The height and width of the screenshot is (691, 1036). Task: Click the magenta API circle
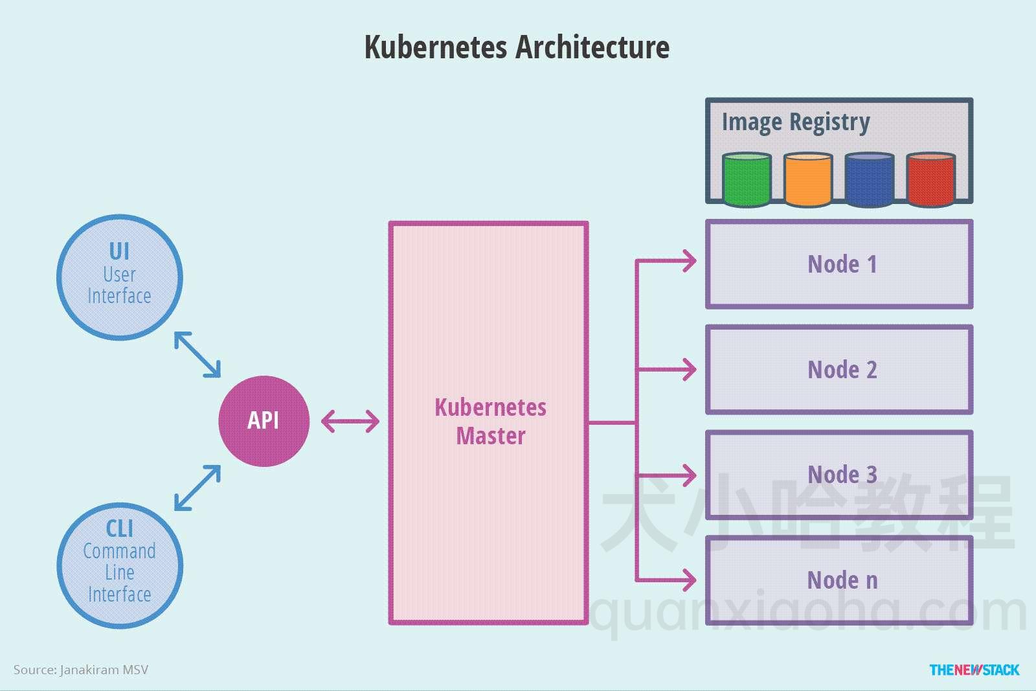click(264, 421)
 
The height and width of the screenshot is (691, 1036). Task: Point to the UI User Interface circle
click(120, 277)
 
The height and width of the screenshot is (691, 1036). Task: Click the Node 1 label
click(842, 264)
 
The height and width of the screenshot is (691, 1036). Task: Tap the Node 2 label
click(842, 370)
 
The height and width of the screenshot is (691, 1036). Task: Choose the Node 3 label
click(842, 475)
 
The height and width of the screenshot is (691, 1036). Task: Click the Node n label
click(842, 580)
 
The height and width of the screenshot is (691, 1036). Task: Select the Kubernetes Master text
click(490, 422)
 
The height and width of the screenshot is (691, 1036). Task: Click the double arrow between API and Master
click(350, 422)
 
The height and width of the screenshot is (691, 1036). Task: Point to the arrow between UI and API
click(197, 354)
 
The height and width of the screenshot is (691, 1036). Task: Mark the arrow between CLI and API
click(197, 488)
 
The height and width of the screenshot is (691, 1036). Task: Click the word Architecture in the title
click(592, 47)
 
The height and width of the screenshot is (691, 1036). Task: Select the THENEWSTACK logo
click(974, 670)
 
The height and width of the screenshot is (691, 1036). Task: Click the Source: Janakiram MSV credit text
click(81, 670)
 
